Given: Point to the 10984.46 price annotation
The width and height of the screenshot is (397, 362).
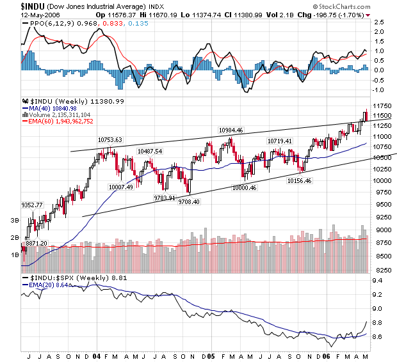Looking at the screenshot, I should (x=231, y=130).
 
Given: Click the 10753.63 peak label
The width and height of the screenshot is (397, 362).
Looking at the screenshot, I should (x=109, y=139).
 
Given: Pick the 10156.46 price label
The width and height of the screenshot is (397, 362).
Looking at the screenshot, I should (x=300, y=181).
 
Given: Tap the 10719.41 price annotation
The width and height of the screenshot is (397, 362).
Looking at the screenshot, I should (x=279, y=141).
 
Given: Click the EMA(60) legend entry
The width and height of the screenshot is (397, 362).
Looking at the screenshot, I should (x=61, y=121).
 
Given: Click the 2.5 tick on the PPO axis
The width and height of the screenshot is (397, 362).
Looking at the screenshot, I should (x=378, y=22).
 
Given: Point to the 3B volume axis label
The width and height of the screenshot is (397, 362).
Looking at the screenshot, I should (x=13, y=219).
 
